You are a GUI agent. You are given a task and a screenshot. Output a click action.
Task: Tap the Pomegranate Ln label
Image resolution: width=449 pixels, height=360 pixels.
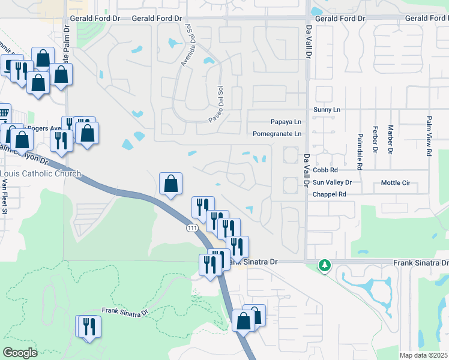277,134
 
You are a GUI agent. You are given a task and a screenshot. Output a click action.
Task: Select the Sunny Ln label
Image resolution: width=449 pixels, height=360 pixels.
327,110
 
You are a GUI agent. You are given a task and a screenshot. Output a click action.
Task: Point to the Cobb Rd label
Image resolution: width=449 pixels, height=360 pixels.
325,170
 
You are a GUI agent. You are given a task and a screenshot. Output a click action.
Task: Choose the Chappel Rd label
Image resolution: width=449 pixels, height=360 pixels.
330,194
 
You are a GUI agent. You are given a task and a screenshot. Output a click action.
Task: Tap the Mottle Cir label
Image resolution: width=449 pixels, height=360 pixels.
395,182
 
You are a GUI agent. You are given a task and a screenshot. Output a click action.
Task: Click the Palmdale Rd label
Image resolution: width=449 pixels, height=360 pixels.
360,150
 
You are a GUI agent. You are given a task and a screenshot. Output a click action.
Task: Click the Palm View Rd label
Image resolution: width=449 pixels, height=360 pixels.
429,136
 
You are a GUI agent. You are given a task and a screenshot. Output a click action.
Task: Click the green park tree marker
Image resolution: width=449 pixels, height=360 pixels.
325,265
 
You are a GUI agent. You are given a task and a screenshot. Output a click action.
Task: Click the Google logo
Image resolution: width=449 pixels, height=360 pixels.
20,353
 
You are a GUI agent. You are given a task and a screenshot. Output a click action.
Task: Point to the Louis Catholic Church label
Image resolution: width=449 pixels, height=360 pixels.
40,174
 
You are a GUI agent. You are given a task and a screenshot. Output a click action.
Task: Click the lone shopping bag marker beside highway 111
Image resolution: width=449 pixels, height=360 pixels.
171,184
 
